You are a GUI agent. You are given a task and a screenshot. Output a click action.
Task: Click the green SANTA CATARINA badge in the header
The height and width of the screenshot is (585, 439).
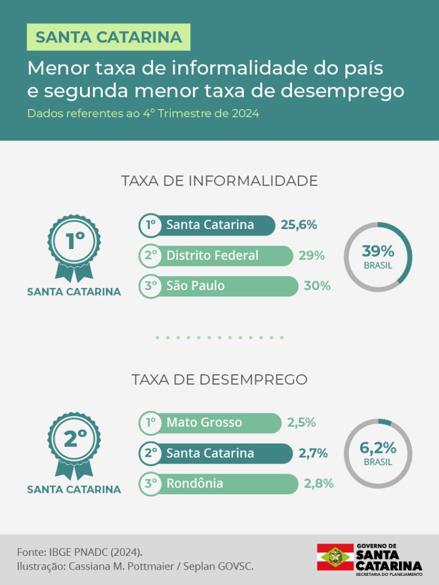109,38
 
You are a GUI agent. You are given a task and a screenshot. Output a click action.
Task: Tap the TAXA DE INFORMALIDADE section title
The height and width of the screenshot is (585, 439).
219,181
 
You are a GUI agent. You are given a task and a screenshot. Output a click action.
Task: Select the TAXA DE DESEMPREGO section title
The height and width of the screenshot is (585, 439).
219,379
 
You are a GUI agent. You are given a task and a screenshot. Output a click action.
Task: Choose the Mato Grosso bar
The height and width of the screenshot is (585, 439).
210,423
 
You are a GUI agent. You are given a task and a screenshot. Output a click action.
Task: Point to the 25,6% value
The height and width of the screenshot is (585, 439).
298,225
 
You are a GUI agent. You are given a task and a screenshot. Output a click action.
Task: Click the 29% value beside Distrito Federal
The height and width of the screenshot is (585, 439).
312,255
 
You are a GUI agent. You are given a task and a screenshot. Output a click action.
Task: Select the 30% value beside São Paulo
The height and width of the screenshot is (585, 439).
317,286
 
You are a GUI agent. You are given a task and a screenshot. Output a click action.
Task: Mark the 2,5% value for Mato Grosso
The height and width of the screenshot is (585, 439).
301,423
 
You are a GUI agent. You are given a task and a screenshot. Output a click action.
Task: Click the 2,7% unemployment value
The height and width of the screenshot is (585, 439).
313,454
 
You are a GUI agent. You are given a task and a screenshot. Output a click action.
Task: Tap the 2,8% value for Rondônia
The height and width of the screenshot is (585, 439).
319,484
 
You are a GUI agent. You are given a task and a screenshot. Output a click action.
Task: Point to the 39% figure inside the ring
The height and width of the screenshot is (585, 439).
378,251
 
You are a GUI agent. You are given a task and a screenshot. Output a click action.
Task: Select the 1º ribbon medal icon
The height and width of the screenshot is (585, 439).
74,247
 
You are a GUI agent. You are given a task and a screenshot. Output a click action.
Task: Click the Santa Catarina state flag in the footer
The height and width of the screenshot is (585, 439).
335,556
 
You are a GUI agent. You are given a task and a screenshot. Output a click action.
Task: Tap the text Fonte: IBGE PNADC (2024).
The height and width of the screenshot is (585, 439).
79,552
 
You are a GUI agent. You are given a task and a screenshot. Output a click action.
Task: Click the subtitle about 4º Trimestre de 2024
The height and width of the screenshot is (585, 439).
143,113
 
